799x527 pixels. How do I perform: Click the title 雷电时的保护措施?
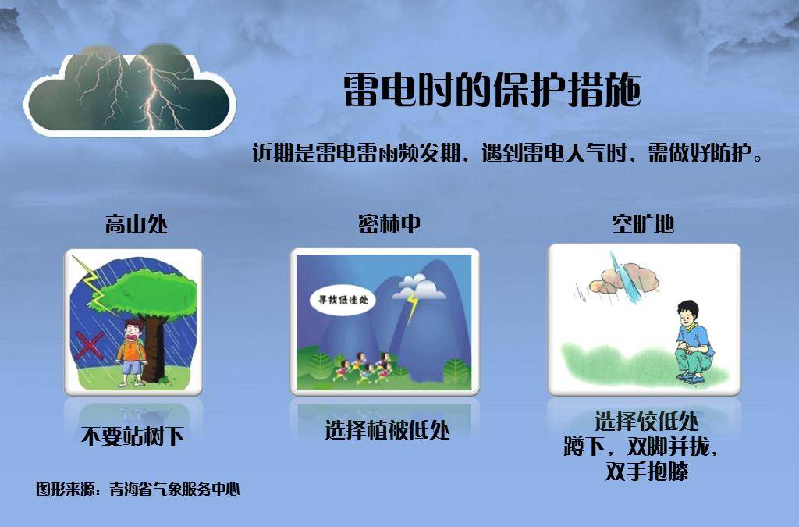pyautogui.click(x=492, y=91)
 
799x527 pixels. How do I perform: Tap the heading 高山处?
pyautogui.click(x=137, y=225)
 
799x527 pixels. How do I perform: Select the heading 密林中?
pyautogui.click(x=389, y=225)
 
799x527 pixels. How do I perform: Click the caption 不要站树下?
pyautogui.click(x=133, y=436)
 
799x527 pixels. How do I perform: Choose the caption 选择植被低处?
pyautogui.click(x=387, y=430)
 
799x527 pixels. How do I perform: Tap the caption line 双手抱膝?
pyautogui.click(x=647, y=472)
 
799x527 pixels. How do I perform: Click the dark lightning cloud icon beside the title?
pyautogui.click(x=131, y=90)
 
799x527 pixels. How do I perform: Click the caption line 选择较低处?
pyautogui.click(x=647, y=422)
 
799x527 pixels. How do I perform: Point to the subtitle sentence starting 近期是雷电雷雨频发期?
pyautogui.click(x=507, y=153)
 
